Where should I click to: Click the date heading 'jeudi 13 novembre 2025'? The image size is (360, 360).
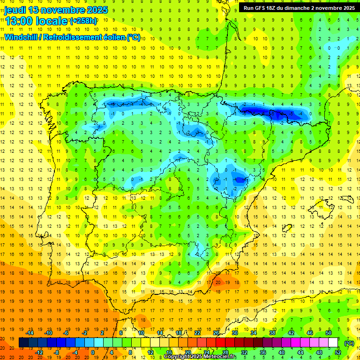coord(56,10)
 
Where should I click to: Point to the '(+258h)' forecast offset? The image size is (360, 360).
coord(83,21)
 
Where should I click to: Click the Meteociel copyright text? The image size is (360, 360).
coord(200,356)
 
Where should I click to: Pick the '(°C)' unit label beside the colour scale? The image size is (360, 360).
coord(349,343)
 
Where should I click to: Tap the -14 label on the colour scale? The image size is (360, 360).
coord(30,333)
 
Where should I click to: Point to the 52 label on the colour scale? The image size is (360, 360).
coord(338,352)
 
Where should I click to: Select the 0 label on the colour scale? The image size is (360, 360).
coord(92,352)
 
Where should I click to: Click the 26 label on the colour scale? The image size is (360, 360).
coord(216,333)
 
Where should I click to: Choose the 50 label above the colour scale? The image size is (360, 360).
coord(329,333)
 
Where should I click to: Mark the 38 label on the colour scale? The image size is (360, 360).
coord(272,333)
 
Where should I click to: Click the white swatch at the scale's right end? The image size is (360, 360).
coord(333,343)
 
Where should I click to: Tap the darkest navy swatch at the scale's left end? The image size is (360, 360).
coord(23,343)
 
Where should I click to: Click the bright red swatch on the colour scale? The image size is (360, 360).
coord(221,343)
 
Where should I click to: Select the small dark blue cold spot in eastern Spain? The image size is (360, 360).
coord(240,179)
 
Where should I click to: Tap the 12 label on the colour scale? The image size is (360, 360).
coord(150,352)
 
